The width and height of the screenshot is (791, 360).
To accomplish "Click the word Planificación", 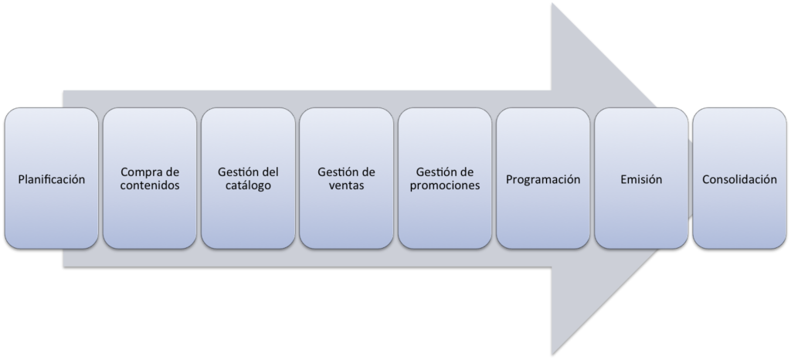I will coord(52,179).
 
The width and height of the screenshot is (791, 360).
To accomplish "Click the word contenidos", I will coord(150,186).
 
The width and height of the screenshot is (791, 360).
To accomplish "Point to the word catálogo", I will coord(248,186).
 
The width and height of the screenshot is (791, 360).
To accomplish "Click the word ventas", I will coord(346,186).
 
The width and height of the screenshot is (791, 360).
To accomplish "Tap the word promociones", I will coord(445,186).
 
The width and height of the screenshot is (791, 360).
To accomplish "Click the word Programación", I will coord(543,179).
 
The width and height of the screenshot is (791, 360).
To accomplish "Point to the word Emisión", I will coord(641,179).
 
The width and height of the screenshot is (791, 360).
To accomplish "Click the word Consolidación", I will coord(739,179).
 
